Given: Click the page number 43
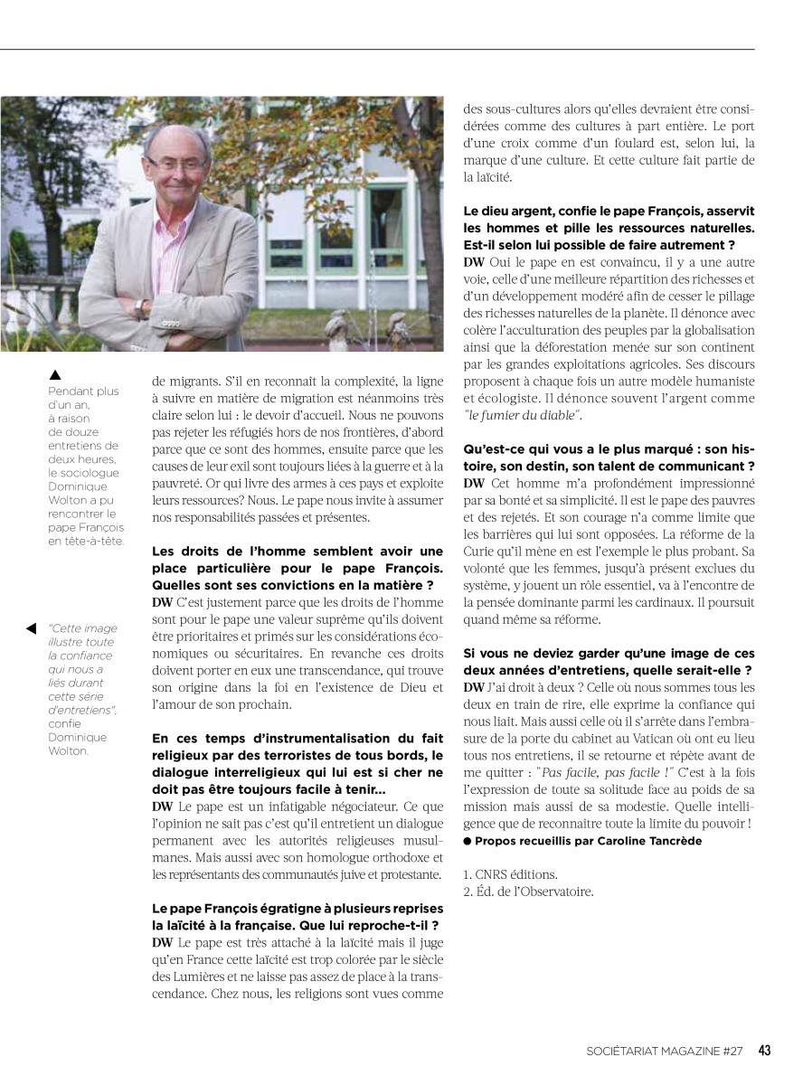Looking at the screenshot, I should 764,1050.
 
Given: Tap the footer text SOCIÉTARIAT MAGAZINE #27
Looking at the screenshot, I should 664,1051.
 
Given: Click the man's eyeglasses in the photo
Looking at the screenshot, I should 175,163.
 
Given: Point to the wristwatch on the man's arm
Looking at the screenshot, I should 140,307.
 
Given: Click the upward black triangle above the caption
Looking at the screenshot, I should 54,374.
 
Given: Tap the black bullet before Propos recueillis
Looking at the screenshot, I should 468,841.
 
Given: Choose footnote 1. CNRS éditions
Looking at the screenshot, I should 510,874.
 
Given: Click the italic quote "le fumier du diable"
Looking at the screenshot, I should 523,414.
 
